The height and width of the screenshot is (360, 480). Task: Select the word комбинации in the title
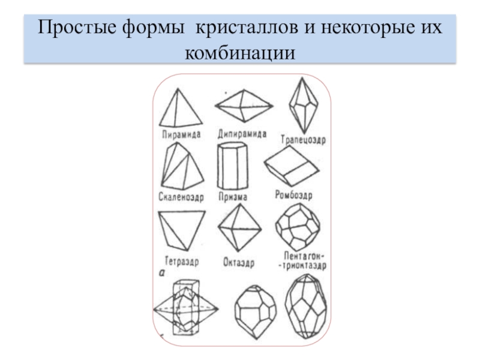coord(241,53)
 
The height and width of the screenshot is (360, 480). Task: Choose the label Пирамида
coord(180,134)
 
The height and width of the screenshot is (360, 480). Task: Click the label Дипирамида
coord(242,134)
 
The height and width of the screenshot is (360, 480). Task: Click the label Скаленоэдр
coord(181,196)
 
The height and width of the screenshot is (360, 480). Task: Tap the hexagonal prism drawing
coord(233,166)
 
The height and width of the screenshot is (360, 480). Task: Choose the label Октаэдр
coord(239,262)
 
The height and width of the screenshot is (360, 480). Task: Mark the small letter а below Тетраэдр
coord(161,274)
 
